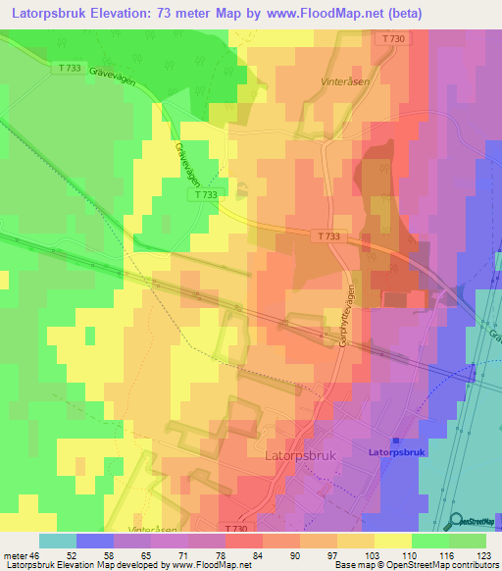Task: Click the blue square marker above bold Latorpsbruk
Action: tap(396, 441)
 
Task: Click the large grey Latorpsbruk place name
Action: tap(303, 456)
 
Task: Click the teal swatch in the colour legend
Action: tap(58, 541)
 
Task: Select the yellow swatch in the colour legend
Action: tap(393, 541)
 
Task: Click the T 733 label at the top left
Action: tap(69, 68)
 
